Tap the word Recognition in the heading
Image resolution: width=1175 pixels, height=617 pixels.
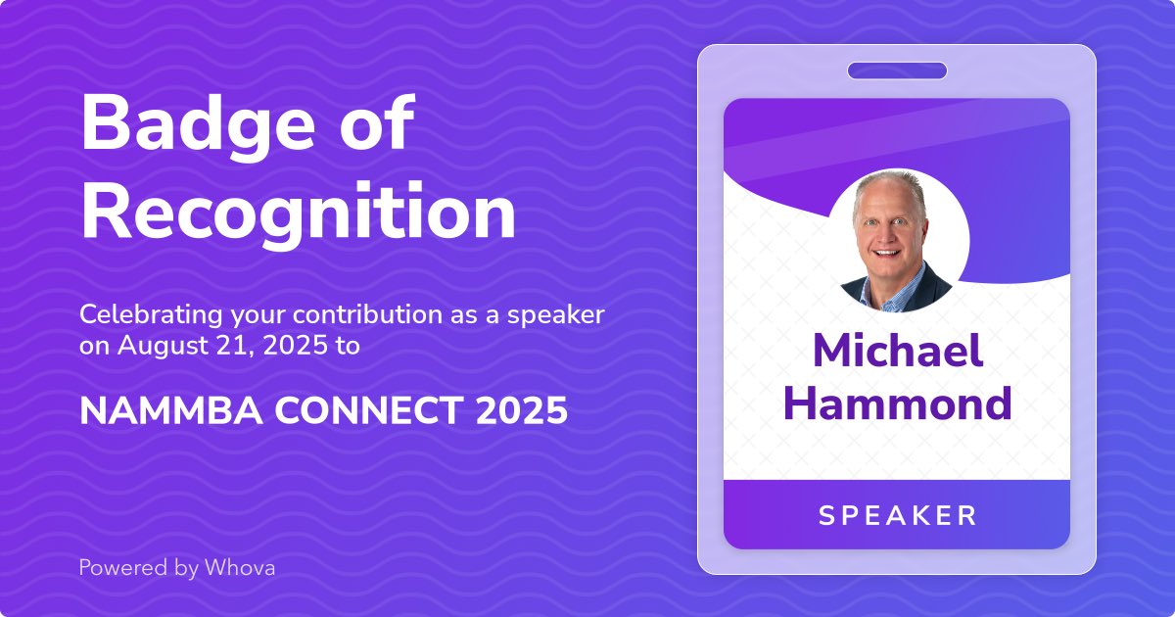tap(298, 214)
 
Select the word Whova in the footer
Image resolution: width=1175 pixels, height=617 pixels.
tap(240, 567)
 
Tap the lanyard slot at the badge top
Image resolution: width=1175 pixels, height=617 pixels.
tap(897, 71)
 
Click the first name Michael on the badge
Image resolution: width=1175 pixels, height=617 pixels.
tap(898, 352)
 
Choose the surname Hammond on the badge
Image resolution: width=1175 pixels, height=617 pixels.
tap(898, 403)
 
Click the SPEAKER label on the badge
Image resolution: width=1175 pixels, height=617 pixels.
tap(898, 515)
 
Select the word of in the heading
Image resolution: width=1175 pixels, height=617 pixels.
tap(376, 125)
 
